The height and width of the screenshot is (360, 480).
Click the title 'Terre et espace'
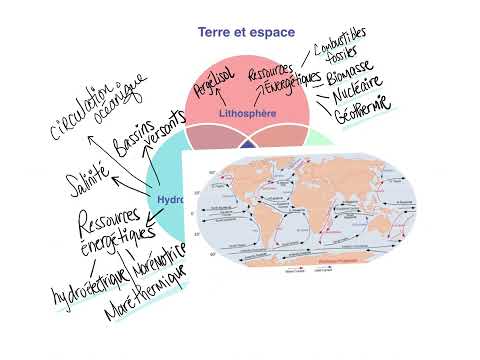pos(245,32)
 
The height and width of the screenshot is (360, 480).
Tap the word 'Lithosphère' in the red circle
pos(246,114)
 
